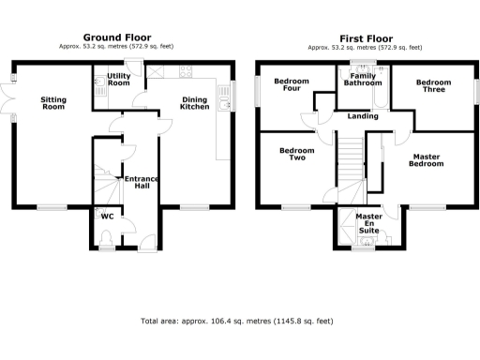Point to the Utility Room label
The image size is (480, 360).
click(x=119, y=79)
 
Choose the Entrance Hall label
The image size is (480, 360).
click(x=142, y=182)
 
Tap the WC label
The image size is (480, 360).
click(x=106, y=217)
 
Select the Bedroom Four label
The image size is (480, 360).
click(x=292, y=85)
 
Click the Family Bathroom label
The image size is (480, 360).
click(x=364, y=80)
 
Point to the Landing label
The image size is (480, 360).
click(x=362, y=117)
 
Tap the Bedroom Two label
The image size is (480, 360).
click(x=297, y=155)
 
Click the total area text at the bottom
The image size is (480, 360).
click(x=236, y=321)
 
